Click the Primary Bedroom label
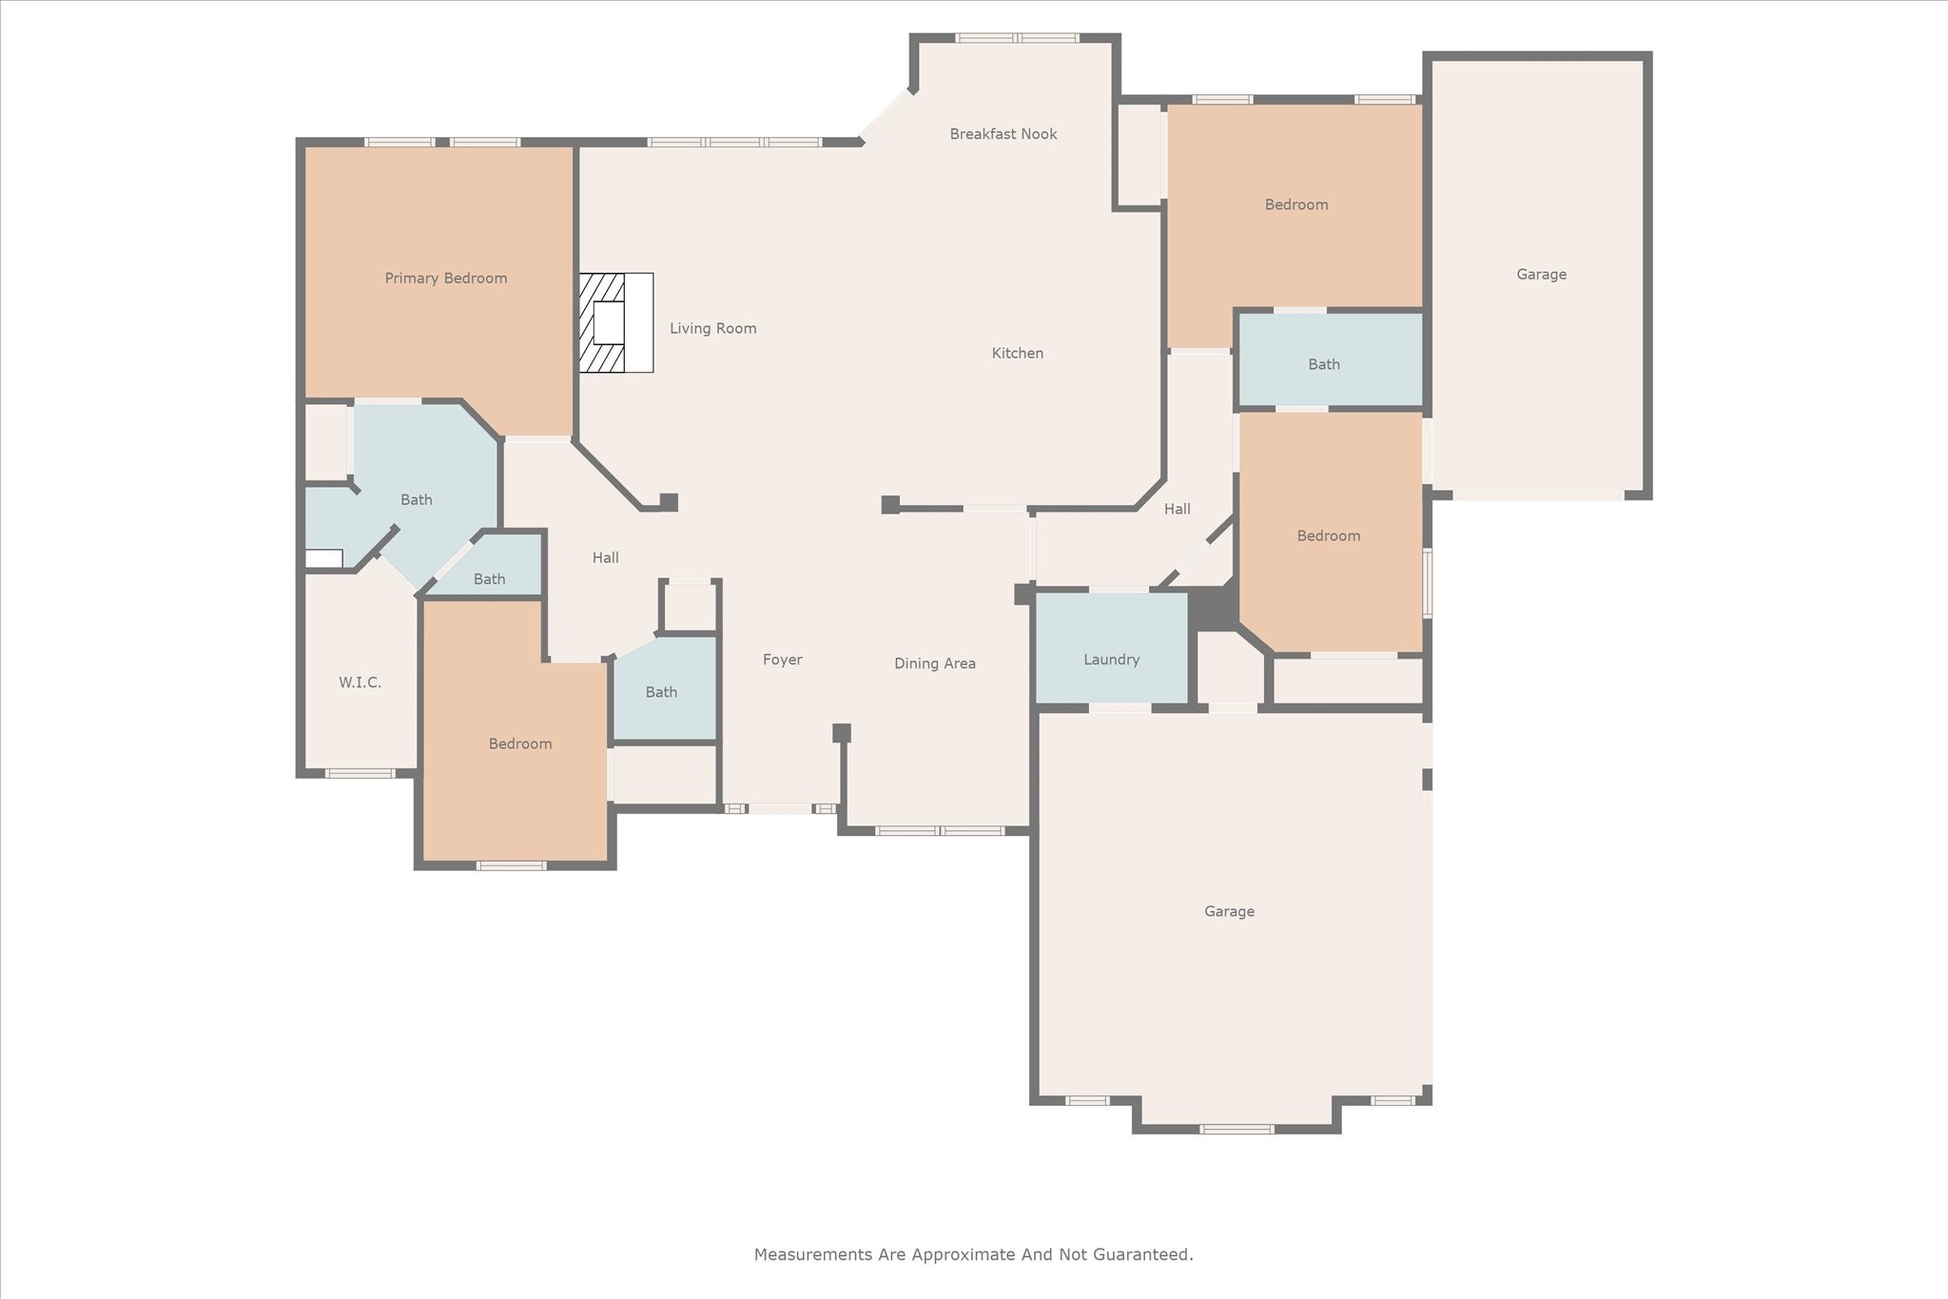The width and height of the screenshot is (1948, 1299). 445,279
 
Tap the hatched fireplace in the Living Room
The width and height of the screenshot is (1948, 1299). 615,322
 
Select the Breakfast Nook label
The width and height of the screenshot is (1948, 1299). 1003,134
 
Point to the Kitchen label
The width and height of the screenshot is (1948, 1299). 1018,353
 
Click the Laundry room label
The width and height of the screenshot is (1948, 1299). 1111,660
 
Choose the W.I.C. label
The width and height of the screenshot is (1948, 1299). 360,683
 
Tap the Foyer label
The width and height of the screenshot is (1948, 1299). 783,660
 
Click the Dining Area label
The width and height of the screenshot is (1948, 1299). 935,664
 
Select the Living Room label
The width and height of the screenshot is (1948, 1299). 713,329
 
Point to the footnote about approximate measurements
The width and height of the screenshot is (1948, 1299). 974,1254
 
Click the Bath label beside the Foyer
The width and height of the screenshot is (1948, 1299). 661,692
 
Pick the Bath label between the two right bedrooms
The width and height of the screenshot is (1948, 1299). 1324,364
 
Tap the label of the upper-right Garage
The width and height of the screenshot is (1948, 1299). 1541,275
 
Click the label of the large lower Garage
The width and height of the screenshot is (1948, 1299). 1229,912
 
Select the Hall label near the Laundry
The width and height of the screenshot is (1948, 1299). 1178,510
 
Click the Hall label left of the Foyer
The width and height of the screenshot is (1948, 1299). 606,558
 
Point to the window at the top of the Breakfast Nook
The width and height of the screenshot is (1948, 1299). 1017,38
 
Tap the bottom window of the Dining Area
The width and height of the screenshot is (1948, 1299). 940,831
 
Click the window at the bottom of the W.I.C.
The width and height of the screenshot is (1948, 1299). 360,773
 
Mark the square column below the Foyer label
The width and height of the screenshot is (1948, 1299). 842,733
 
